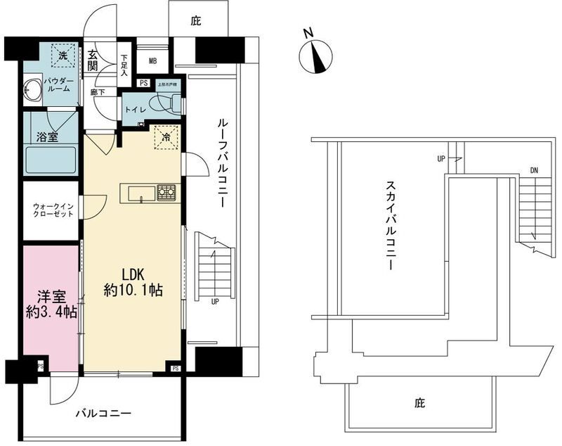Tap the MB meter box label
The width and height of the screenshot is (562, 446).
pyautogui.click(x=152, y=60)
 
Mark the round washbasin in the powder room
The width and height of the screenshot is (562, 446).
pyautogui.click(x=31, y=90)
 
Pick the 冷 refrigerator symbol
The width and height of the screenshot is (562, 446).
pyautogui.click(x=167, y=138)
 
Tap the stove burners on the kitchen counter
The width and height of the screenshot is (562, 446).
pyautogui.click(x=166, y=191)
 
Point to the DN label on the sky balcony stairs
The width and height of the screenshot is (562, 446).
pyautogui.click(x=535, y=170)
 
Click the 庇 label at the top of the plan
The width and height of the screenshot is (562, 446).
pyautogui.click(x=197, y=22)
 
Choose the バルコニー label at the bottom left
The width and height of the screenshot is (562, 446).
pyautogui.click(x=103, y=413)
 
